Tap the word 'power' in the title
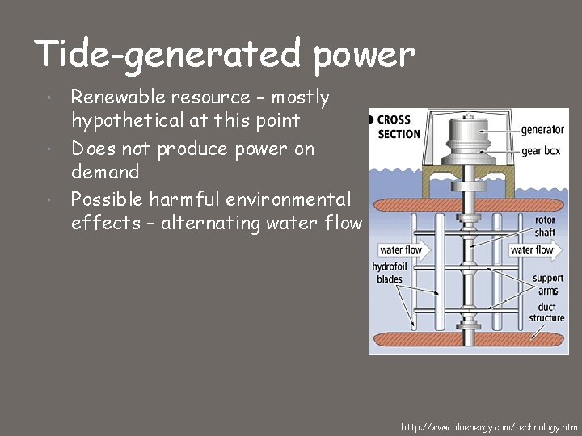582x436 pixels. click(364, 54)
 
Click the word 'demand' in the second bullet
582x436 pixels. click(105, 171)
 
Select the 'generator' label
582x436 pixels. click(542, 129)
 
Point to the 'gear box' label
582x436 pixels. click(542, 150)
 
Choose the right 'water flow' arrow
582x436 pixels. click(533, 250)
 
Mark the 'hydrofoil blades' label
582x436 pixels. click(389, 273)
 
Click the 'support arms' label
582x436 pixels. click(548, 284)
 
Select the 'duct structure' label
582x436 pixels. click(547, 313)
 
